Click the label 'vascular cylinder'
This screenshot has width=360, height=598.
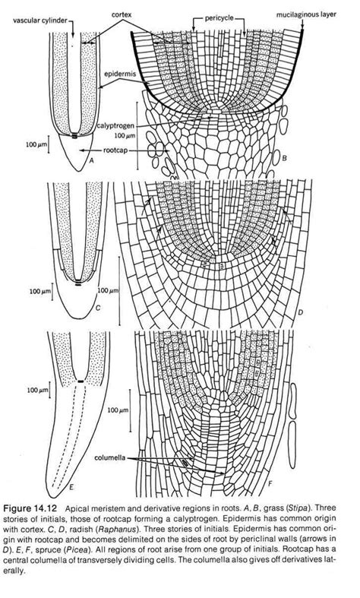40,21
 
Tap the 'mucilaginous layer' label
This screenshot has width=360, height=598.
307,15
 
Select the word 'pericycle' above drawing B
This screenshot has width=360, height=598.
219,18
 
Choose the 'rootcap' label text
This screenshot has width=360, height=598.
115,150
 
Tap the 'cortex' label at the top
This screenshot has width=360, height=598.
122,14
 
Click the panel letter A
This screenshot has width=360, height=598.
91,161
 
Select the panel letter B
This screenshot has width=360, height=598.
283,157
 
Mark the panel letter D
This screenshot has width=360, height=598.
300,313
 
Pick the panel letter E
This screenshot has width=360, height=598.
71,486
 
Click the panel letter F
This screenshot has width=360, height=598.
270,483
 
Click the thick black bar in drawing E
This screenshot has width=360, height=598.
81,381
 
